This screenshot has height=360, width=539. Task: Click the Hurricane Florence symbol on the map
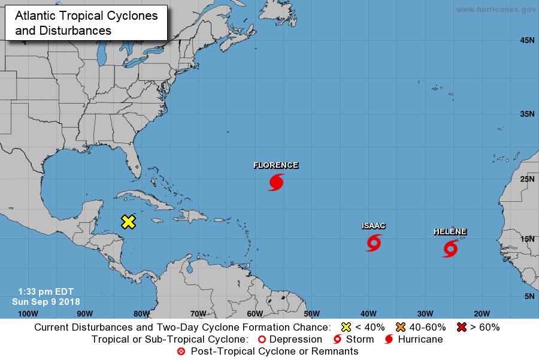(276, 182)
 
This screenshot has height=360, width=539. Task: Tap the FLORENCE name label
(275, 165)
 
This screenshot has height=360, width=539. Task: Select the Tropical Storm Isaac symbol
(374, 243)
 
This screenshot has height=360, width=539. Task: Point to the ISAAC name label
(373, 226)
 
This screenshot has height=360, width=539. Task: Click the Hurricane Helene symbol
(450, 248)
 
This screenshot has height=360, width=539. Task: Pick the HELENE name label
(450, 232)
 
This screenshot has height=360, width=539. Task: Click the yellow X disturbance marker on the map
(128, 222)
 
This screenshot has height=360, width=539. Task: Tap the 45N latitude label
(526, 40)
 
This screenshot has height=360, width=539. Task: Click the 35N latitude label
(526, 113)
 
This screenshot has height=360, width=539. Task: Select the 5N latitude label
(528, 297)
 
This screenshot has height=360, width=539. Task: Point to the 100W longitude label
(28, 313)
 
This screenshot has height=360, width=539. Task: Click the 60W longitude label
(255, 313)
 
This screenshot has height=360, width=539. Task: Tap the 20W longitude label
(482, 313)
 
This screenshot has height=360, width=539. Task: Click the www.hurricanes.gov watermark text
(495, 10)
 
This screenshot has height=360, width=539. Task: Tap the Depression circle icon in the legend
(261, 339)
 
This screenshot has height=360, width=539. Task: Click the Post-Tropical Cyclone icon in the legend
(181, 351)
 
